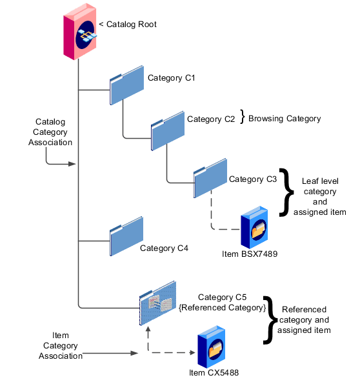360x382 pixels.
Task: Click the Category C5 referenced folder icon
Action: click(x=157, y=301)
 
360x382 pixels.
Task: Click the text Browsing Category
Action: click(x=285, y=119)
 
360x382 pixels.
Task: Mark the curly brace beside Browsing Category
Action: click(x=243, y=117)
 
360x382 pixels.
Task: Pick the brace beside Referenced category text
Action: click(x=271, y=320)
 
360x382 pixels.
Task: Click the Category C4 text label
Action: click(x=164, y=248)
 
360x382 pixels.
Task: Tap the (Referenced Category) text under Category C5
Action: click(x=221, y=308)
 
